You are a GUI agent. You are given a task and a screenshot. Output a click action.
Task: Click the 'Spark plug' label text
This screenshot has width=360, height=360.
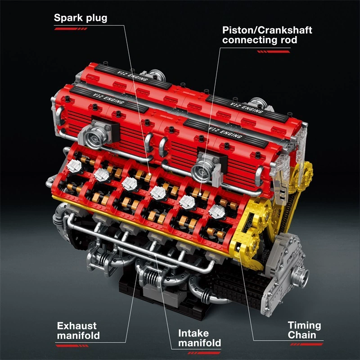click(81, 18)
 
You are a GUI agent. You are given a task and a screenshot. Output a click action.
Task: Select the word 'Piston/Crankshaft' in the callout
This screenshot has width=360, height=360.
click(267, 30)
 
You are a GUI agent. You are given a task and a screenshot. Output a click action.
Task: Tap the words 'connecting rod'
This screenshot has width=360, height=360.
click(260, 40)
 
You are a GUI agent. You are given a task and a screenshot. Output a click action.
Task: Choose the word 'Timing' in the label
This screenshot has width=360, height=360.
click(304, 325)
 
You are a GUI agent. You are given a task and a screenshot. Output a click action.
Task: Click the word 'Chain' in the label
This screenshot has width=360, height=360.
click(302, 335)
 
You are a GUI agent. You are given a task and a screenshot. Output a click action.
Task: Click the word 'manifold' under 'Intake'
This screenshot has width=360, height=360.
click(199, 343)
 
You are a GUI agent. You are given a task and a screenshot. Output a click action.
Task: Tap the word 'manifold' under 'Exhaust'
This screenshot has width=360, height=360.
click(79, 336)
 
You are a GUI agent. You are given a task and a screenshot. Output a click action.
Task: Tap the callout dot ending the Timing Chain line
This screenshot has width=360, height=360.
click(237, 245)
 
